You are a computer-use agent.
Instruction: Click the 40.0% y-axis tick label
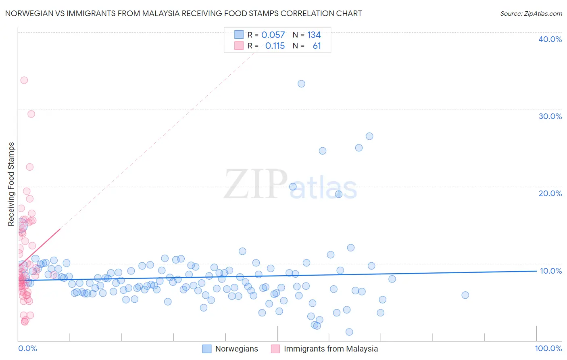[550, 39]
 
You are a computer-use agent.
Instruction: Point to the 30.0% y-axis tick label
[550, 116]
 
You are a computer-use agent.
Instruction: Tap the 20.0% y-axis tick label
[550, 193]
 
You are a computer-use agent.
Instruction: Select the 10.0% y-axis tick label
[550, 271]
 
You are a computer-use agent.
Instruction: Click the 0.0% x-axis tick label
[27, 348]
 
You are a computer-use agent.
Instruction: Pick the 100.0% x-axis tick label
[548, 348]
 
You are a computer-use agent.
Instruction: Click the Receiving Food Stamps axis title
[11, 184]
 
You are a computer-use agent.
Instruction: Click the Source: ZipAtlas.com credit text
[531, 13]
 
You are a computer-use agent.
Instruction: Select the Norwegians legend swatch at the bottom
[207, 349]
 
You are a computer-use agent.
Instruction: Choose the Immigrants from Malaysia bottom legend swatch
[275, 349]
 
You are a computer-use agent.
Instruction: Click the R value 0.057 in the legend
[273, 35]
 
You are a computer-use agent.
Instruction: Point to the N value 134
[314, 35]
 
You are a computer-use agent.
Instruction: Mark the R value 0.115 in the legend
[275, 46]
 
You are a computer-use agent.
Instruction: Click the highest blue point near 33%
[301, 84]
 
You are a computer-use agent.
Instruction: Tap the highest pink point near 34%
[24, 80]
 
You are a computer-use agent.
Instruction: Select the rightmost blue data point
[465, 295]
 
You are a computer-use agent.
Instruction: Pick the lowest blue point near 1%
[349, 332]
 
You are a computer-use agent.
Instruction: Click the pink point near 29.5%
[31, 114]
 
